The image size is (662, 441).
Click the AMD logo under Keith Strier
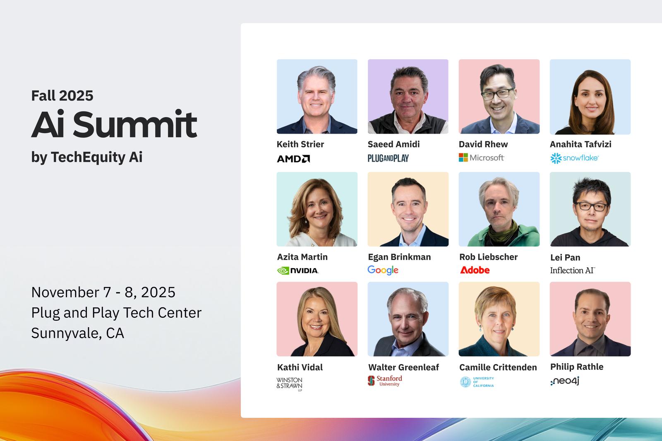tap(293, 159)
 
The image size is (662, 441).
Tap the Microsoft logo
tap(482, 158)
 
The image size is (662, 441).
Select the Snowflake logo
tap(574, 158)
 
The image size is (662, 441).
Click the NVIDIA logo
tap(298, 271)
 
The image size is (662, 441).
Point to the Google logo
tap(383, 270)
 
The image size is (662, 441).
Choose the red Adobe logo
tap(475, 270)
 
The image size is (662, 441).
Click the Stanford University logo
tap(385, 381)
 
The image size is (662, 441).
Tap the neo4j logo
tap(565, 381)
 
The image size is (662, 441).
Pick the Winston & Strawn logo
tap(289, 384)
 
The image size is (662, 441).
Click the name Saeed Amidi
tap(393, 144)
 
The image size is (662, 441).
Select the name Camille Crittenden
tap(498, 367)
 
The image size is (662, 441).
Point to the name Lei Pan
tap(565, 257)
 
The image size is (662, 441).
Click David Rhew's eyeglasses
tap(497, 94)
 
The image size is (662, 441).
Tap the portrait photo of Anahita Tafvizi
tap(590, 97)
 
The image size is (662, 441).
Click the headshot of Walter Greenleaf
tap(408, 319)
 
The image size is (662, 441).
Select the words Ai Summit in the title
tap(114, 124)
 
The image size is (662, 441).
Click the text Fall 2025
tap(62, 96)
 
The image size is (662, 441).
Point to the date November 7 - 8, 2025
tap(103, 292)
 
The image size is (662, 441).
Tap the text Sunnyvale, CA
tap(78, 333)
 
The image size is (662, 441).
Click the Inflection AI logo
tap(573, 271)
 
